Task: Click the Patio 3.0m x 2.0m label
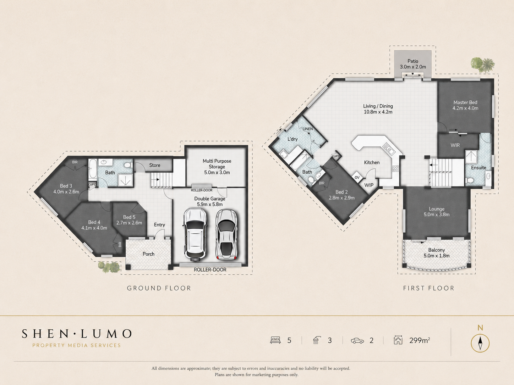click(412, 64)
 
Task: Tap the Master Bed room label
click(465, 105)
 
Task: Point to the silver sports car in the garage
click(226, 234)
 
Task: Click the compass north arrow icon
click(480, 343)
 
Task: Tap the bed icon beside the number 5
click(275, 340)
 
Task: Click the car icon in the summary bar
click(357, 341)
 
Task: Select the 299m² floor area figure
click(420, 340)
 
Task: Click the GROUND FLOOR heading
click(159, 288)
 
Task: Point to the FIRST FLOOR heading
click(428, 288)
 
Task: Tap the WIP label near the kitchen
click(369, 185)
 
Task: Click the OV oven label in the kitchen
click(357, 178)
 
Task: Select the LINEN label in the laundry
click(307, 129)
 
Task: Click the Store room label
click(155, 165)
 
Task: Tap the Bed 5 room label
click(129, 220)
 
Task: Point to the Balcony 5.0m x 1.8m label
click(437, 253)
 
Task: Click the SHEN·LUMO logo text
click(77, 334)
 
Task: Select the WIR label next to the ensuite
click(455, 145)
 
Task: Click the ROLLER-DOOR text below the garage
click(210, 270)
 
